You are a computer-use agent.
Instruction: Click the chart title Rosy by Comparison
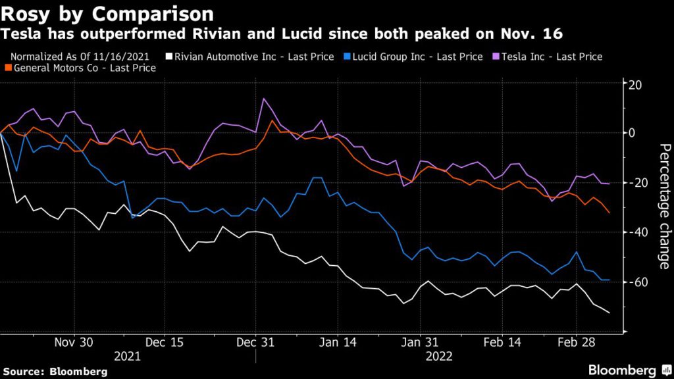click(109, 13)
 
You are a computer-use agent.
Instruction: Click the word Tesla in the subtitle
click(20, 32)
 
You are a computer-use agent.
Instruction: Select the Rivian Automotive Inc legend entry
click(257, 57)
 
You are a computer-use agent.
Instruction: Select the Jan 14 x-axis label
click(337, 342)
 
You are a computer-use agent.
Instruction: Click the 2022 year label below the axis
click(438, 357)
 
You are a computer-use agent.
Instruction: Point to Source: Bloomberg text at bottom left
click(55, 371)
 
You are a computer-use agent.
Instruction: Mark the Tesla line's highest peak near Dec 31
click(264, 99)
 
